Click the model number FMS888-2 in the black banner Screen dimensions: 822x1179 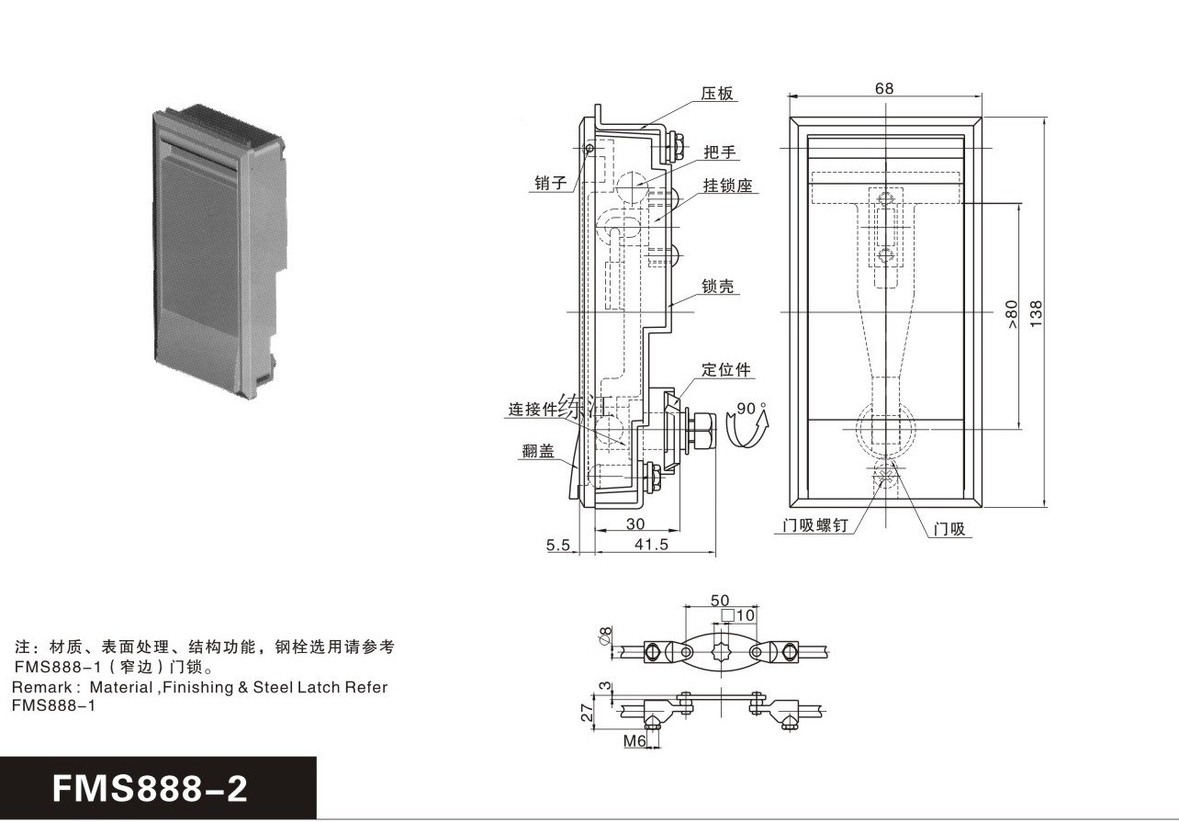(151, 788)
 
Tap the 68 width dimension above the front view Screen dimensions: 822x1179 (884, 89)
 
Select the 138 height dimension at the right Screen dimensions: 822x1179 (1036, 312)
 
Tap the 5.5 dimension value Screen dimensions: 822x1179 (558, 545)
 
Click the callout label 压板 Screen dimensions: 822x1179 (718, 94)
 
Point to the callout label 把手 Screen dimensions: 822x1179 (721, 152)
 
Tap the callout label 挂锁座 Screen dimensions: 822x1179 (728, 186)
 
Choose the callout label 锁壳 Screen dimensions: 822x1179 (719, 287)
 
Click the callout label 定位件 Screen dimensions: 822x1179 (726, 370)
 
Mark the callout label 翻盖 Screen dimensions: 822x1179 (537, 451)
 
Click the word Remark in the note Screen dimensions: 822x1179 (39, 687)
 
